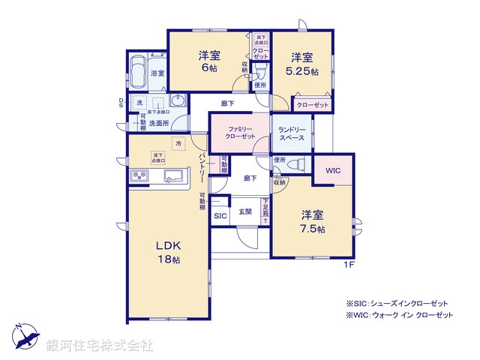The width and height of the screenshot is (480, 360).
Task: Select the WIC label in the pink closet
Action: coord(333,171)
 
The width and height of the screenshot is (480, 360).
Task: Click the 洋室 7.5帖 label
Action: coord(309,222)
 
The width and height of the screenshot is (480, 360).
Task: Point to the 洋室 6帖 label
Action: coord(209,61)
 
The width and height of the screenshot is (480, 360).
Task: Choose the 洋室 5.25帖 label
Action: coord(303,64)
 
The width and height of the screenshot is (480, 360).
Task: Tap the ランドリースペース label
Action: coord(290,134)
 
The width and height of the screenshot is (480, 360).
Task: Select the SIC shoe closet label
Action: coord(220,216)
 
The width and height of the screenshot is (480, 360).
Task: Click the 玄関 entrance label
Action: coord(245,212)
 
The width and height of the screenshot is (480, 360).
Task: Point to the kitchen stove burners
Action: coord(140,176)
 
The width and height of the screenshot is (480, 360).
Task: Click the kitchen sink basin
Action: coord(174,177)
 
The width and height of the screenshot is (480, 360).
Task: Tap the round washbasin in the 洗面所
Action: coord(177,102)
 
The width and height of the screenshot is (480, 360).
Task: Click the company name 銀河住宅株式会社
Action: coord(100,346)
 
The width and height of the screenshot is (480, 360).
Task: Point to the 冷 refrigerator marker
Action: coord(178,143)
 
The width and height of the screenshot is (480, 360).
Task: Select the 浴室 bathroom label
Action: coord(157,73)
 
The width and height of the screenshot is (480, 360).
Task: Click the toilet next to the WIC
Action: coord(297,164)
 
